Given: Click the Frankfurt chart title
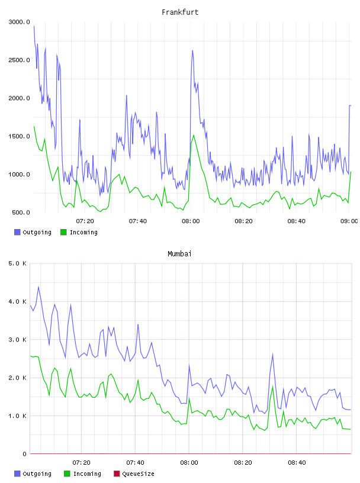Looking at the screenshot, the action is pyautogui.click(x=180, y=12).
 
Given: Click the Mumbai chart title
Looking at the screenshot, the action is pyautogui.click(x=179, y=254).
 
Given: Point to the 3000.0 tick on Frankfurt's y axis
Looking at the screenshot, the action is pyautogui.click(x=20, y=22).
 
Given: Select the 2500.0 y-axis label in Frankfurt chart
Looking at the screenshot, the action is pyautogui.click(x=20, y=60).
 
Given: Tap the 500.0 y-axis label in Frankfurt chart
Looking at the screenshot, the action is pyautogui.click(x=21, y=212).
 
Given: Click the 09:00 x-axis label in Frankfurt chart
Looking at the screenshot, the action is pyautogui.click(x=349, y=221).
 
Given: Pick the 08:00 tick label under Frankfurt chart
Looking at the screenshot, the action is pyautogui.click(x=191, y=221).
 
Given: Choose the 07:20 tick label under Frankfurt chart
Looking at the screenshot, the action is pyautogui.click(x=85, y=221).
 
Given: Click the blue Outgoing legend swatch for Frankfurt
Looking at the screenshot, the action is pyautogui.click(x=17, y=232).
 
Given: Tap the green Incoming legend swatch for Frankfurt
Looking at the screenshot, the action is pyautogui.click(x=63, y=232).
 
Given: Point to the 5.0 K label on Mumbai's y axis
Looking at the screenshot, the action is pyautogui.click(x=18, y=263).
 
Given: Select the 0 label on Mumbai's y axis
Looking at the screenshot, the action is pyautogui.click(x=24, y=454).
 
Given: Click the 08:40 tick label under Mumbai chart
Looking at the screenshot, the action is pyautogui.click(x=297, y=463).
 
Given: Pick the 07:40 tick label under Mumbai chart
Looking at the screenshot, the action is pyautogui.click(x=136, y=463).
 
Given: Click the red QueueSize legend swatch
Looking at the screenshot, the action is pyautogui.click(x=117, y=474).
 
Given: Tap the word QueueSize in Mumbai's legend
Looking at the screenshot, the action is pyautogui.click(x=139, y=474).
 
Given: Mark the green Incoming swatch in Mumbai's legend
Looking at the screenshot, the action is pyautogui.click(x=67, y=474).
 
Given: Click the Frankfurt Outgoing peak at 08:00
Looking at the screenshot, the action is pyautogui.click(x=192, y=50).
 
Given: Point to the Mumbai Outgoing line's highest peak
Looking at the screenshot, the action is pyautogui.click(x=38, y=286).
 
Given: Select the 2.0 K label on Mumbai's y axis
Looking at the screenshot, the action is pyautogui.click(x=18, y=378).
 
